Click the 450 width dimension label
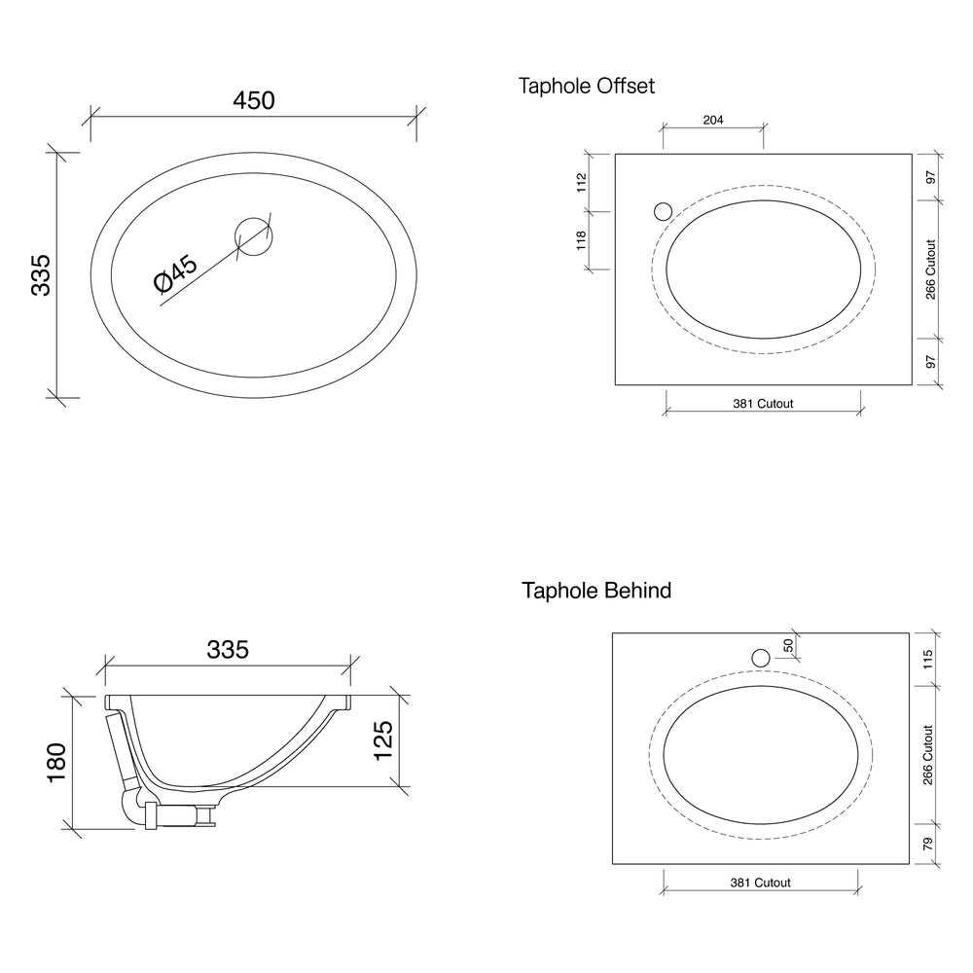254,100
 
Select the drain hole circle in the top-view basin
253,236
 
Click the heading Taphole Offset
587,86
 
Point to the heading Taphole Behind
596,591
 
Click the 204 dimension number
713,120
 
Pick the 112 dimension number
582,183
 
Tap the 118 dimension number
582,240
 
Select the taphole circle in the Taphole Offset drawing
664,211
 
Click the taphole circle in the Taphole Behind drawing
761,658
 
